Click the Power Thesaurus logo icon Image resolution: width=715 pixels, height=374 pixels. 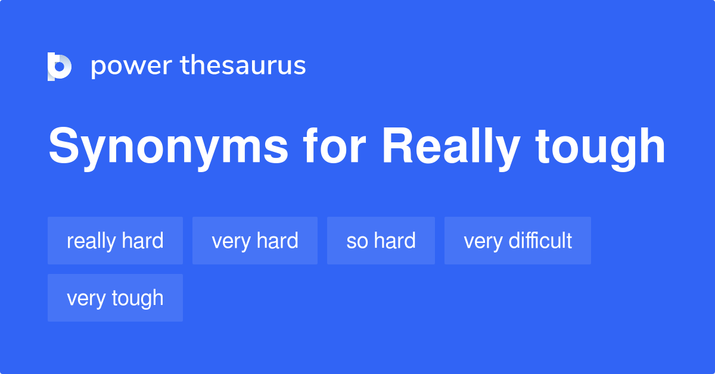tap(60, 66)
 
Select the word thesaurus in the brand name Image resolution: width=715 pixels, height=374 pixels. tap(243, 66)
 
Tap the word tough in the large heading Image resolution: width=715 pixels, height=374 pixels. tap(600, 148)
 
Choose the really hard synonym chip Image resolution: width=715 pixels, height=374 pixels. tap(115, 241)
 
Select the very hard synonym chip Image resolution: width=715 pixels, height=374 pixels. tap(255, 241)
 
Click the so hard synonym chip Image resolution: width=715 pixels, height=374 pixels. tap(381, 241)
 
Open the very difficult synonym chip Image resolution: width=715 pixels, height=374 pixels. tap(518, 241)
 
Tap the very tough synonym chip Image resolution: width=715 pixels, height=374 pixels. tap(115, 298)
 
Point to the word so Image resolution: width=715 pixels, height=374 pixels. tap(357, 241)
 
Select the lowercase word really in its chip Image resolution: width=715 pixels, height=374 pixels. tap(91, 241)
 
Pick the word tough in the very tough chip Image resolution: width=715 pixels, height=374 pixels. tap(136, 298)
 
